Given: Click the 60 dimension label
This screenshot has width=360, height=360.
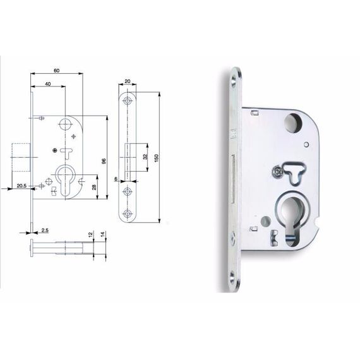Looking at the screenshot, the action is pyautogui.click(x=56, y=70).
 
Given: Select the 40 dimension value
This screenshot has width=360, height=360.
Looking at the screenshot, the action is pyautogui.click(x=48, y=84).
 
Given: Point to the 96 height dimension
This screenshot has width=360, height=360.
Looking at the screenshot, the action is pyautogui.click(x=104, y=161).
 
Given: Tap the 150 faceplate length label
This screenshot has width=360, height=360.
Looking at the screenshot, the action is pyautogui.click(x=157, y=158).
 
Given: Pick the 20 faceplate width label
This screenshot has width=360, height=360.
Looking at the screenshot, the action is pyautogui.click(x=128, y=81).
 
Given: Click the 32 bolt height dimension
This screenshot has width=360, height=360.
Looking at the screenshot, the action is pyautogui.click(x=145, y=157).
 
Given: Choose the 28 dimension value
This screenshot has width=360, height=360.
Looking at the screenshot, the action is pyautogui.click(x=94, y=188).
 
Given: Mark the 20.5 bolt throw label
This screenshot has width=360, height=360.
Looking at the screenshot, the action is pyautogui.click(x=21, y=186).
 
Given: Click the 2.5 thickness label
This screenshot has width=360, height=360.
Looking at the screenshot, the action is pyautogui.click(x=45, y=230).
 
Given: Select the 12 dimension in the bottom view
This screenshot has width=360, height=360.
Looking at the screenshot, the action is pyautogui.click(x=90, y=234).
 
